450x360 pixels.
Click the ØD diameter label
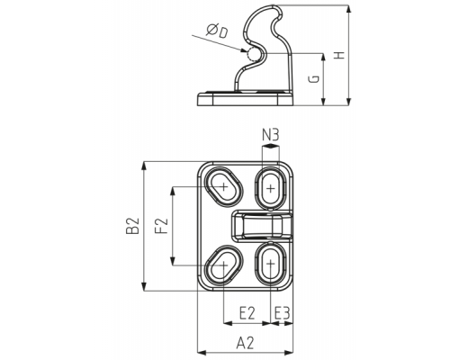tap(217, 31)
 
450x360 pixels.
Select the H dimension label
tap(340, 55)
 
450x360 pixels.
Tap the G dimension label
tap(314, 79)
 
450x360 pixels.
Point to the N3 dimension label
tap(270, 135)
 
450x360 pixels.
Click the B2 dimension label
tap(132, 226)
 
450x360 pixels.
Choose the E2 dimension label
tap(247, 313)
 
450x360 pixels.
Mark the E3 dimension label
tap(282, 313)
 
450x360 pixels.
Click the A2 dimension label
tap(245, 343)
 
